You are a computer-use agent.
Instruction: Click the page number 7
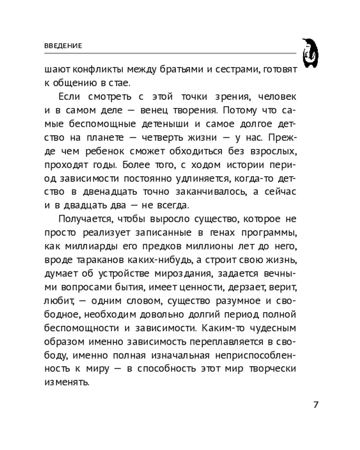[x=315, y=404]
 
